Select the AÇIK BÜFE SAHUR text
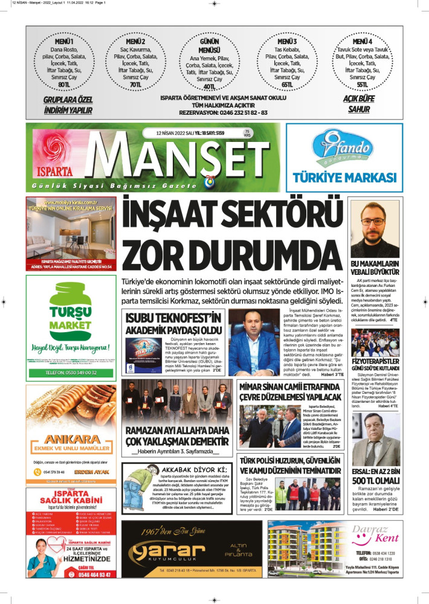click(358, 103)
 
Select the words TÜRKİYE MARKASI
click(344, 177)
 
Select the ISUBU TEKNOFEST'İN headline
click(174, 323)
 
